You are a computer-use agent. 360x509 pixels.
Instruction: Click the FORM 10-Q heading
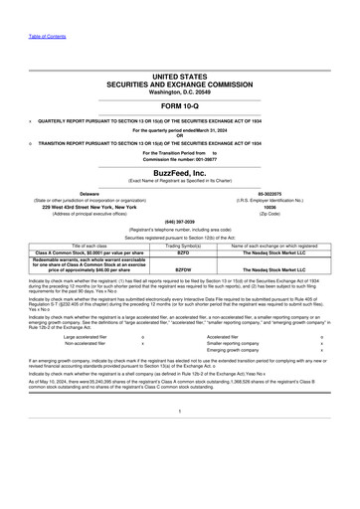pos(179,105)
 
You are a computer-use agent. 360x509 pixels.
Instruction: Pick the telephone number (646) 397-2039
pos(179,221)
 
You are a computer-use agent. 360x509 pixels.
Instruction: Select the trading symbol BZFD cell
pos(183,253)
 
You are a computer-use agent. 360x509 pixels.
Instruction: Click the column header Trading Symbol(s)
pos(183,245)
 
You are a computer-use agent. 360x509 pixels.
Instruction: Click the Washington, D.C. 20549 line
pos(179,90)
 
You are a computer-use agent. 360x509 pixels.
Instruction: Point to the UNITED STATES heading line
pos(179,76)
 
